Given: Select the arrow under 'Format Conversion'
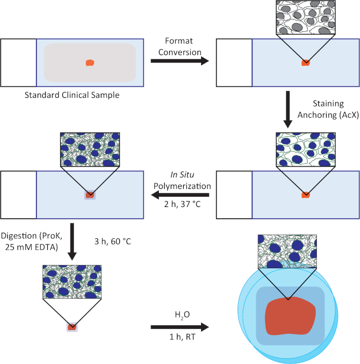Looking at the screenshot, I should tap(180, 61).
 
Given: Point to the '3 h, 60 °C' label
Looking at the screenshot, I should tap(113, 240).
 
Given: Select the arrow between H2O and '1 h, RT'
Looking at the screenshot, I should tap(180, 327).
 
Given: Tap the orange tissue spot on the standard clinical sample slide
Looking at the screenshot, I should tap(89, 63).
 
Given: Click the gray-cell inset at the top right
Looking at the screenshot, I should tap(305, 18).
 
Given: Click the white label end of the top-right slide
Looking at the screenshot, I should tap(234, 63).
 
